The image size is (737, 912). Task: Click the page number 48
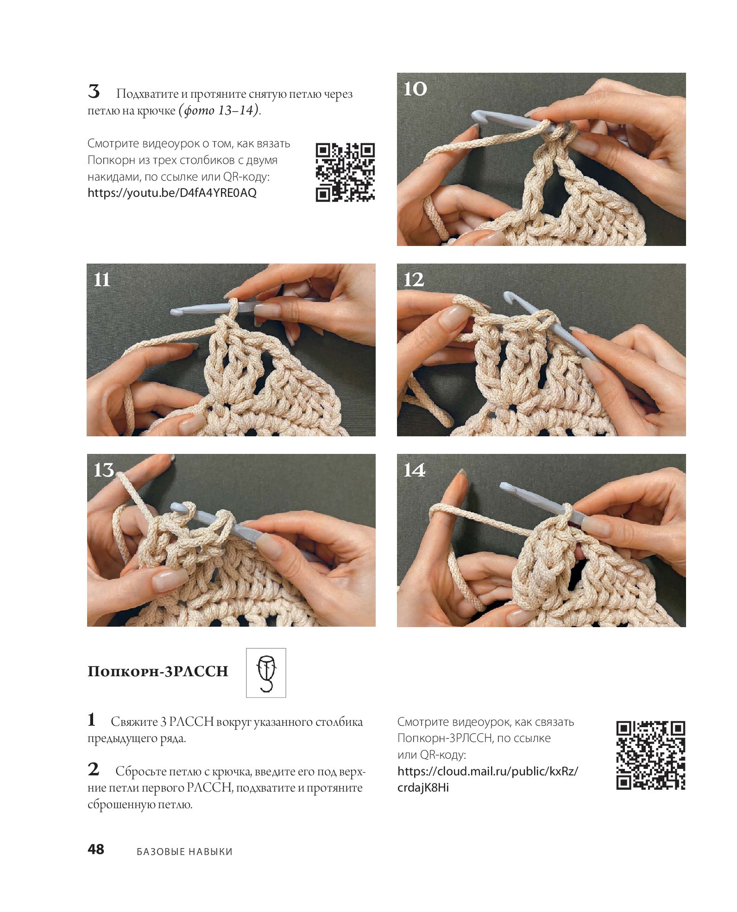tap(96, 849)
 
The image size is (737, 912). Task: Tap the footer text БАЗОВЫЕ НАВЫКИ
tap(184, 851)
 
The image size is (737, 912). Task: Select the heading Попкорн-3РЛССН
tap(158, 671)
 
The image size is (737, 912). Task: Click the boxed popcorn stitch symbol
tap(266, 673)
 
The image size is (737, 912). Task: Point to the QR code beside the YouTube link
tap(345, 172)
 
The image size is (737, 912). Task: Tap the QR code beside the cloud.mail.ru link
tap(650, 755)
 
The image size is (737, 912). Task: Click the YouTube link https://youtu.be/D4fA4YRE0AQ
tap(172, 193)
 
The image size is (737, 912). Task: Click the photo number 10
tap(415, 88)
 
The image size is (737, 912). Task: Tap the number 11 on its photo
tap(102, 280)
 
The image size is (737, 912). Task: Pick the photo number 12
tap(414, 279)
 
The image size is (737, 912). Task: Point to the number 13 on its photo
tap(104, 470)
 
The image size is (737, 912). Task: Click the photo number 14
tap(414, 470)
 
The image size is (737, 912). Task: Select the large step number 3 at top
tap(94, 92)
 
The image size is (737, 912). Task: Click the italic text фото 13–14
tap(220, 110)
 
